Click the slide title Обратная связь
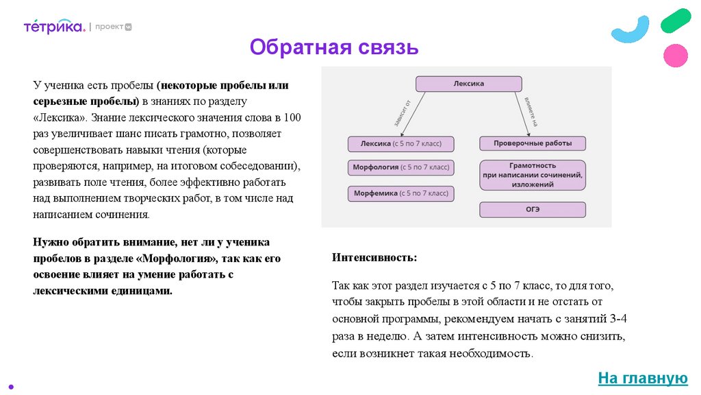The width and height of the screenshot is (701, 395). click(333, 47)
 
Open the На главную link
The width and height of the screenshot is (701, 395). click(642, 378)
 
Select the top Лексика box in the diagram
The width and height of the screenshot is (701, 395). click(469, 84)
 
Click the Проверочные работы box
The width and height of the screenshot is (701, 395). click(533, 144)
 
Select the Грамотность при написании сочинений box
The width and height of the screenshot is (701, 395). click(533, 175)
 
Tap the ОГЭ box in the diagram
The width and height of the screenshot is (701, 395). click(533, 210)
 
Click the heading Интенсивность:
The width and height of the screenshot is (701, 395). click(374, 258)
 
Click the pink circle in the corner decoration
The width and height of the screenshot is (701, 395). click(676, 55)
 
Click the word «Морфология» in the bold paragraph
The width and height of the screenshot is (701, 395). click(181, 259)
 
